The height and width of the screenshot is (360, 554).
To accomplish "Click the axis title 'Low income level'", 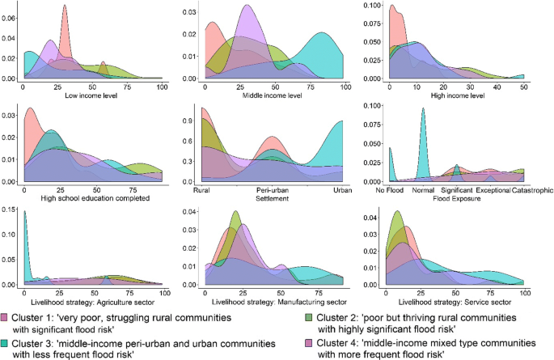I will click(x=92, y=95).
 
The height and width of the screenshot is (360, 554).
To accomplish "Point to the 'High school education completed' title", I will click(x=92, y=198).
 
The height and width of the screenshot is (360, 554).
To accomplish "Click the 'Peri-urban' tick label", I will click(x=270, y=190).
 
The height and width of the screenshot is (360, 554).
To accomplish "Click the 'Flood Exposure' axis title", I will click(x=457, y=198).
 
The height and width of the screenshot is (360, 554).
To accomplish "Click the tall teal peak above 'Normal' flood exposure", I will click(x=422, y=110).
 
